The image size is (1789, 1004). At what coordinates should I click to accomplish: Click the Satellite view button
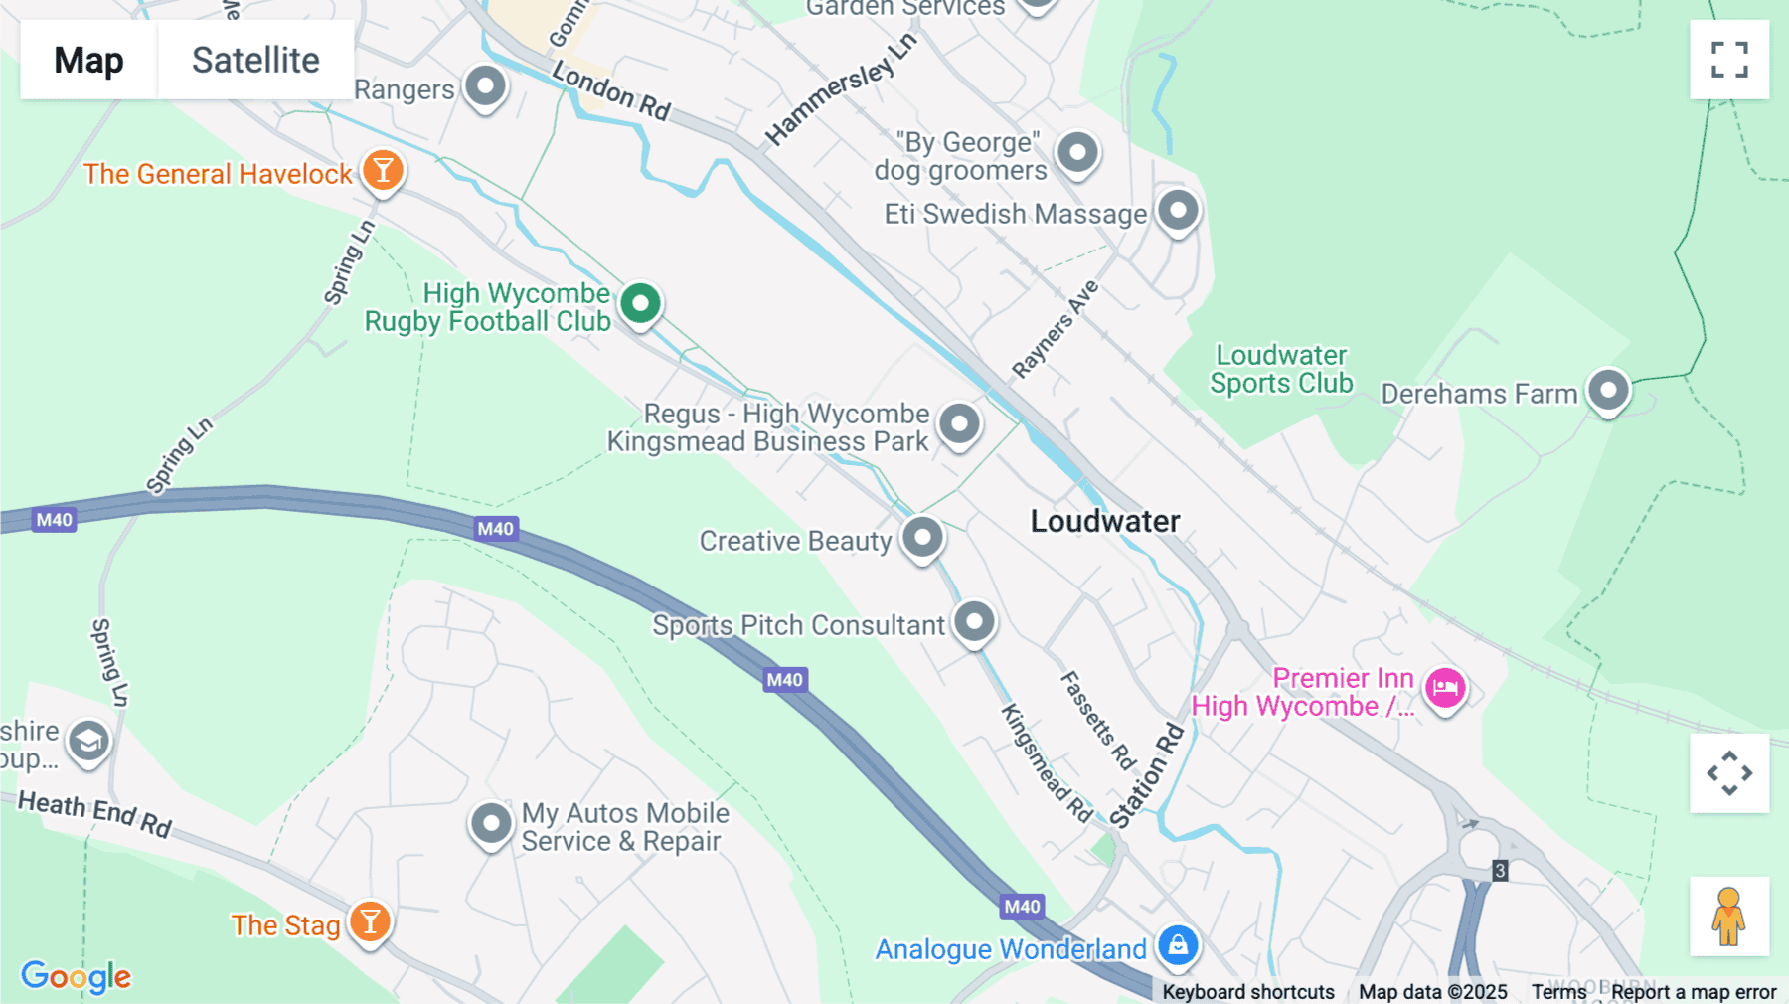tap(255, 60)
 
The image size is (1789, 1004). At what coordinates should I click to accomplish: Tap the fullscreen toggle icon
tap(1729, 60)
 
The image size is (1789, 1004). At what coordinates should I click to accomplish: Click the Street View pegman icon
tap(1729, 916)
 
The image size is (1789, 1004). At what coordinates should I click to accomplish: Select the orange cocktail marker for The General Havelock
tap(383, 171)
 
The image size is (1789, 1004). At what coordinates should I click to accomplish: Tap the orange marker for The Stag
tap(370, 922)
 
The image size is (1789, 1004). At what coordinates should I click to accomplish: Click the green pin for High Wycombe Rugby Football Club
tap(640, 303)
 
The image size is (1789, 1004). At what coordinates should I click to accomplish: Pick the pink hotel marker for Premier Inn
tap(1445, 688)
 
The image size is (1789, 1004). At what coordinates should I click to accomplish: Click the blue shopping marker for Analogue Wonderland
tap(1178, 945)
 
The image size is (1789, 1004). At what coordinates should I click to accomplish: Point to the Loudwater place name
tap(1105, 521)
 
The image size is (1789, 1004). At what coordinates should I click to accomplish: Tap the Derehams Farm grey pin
tap(1608, 390)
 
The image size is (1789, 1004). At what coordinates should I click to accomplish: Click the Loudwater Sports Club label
tap(1281, 370)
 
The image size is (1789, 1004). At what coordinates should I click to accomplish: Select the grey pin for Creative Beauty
tap(922, 538)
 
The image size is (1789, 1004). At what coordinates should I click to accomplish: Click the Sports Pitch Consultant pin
tap(974, 622)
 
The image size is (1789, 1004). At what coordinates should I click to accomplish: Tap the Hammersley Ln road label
tap(840, 89)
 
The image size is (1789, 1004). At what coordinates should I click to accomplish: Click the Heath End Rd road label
tap(95, 812)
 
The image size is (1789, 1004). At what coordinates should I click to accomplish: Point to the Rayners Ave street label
tap(1055, 329)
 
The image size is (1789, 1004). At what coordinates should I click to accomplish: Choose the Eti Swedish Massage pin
tap(1178, 211)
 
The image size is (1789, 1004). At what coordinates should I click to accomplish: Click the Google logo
tap(76, 976)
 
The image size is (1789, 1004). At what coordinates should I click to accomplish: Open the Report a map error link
tap(1694, 991)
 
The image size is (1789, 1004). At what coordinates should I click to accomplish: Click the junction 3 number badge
tap(1500, 871)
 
